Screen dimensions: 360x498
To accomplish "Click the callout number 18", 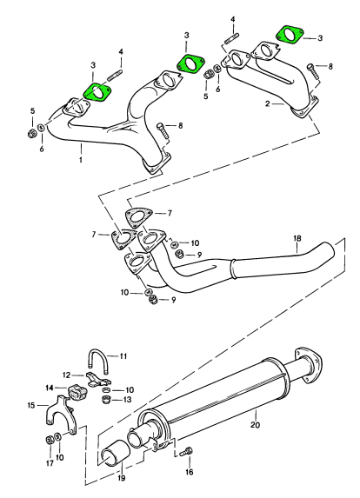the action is [297, 238].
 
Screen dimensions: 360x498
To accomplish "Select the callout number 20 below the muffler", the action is [255, 425].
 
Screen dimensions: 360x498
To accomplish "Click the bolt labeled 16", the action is [186, 452].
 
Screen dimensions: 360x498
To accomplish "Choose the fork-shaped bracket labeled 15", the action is [62, 414].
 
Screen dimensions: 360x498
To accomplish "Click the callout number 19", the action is [122, 478].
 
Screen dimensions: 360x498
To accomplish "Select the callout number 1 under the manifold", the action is [81, 159].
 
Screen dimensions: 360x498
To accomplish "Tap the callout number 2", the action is [268, 103].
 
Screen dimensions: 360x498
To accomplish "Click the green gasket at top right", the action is [290, 35].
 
